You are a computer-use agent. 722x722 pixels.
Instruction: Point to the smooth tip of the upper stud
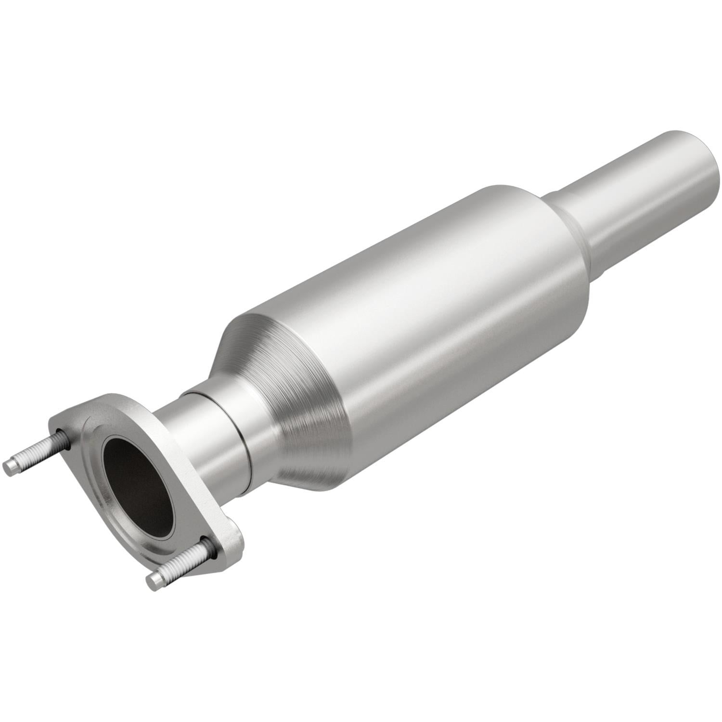pos(10,465)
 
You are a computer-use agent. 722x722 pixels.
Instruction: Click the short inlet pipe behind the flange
pos(202,433)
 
